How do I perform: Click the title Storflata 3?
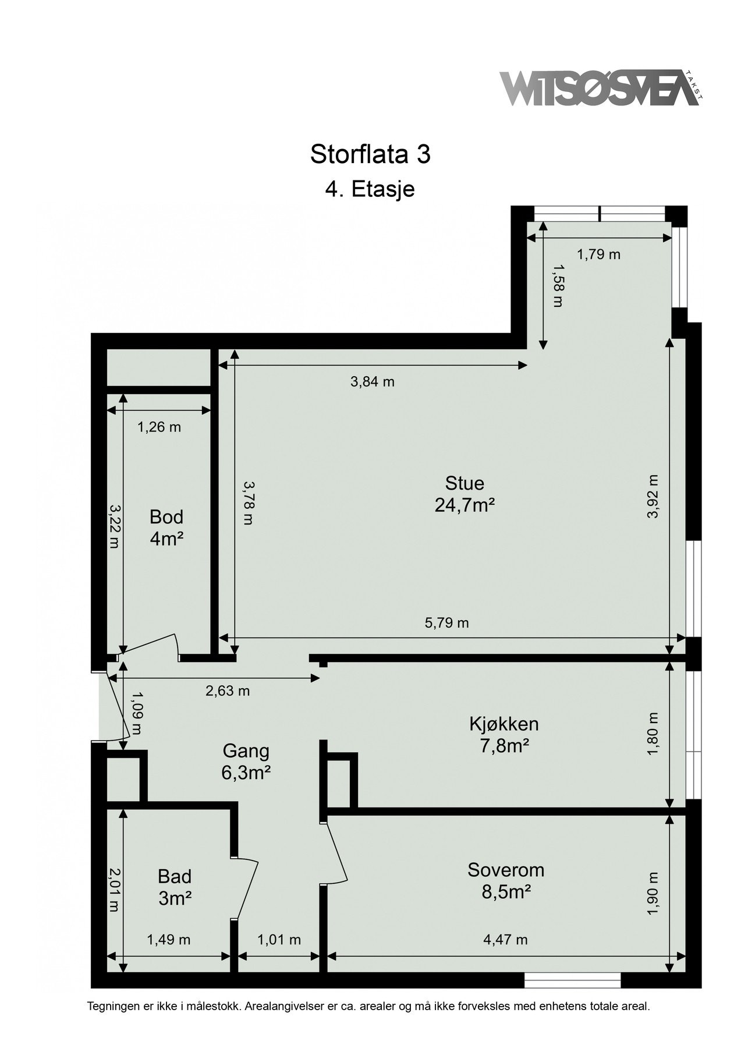click(370, 154)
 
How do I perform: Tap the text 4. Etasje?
click(370, 189)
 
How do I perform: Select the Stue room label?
click(464, 494)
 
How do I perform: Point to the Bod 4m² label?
click(166, 527)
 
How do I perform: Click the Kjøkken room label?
click(504, 734)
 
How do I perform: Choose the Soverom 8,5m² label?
click(506, 880)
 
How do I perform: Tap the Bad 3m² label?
click(175, 887)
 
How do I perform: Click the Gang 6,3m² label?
click(245, 761)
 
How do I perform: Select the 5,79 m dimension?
click(446, 623)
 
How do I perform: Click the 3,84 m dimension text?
click(372, 382)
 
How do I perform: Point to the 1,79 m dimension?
click(598, 254)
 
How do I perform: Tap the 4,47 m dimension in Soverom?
click(505, 939)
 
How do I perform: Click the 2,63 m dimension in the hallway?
click(227, 691)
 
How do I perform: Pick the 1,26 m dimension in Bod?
click(159, 427)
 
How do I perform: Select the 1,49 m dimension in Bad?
click(169, 939)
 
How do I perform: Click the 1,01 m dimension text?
click(279, 939)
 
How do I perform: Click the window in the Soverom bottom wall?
click(573, 980)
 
